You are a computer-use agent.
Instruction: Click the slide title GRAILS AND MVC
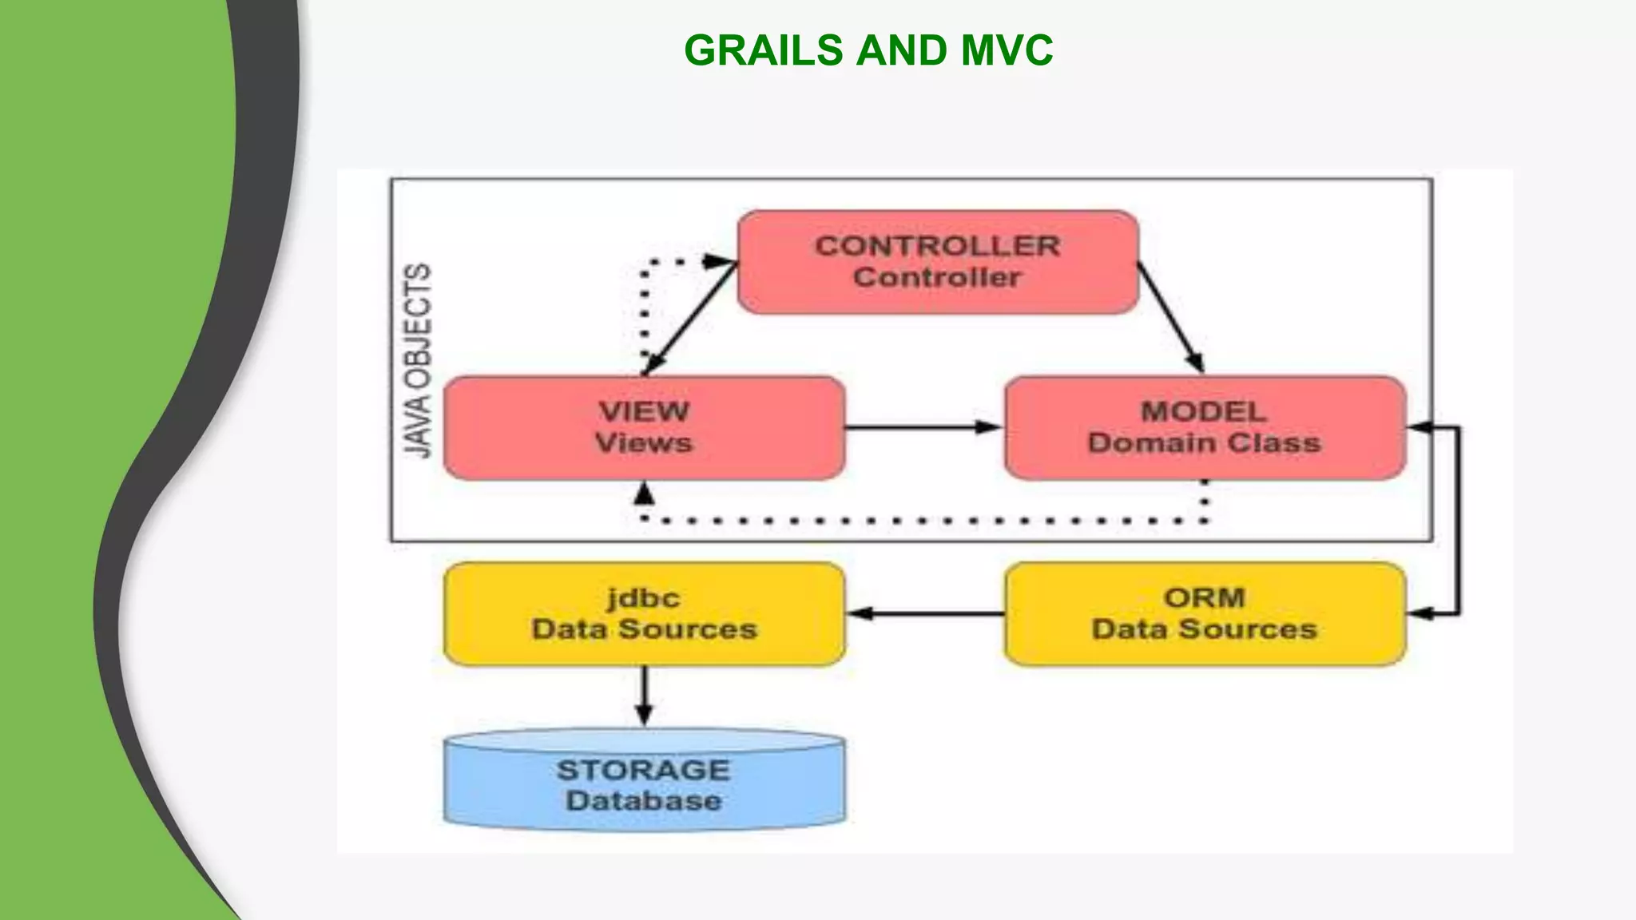coord(868,50)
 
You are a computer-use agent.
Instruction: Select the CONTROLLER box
coord(937,262)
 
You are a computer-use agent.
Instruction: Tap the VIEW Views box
coord(644,428)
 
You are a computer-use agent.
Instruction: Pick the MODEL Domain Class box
coord(1205,428)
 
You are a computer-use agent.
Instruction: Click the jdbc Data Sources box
coord(644,614)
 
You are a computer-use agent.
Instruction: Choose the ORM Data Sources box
coord(1205,614)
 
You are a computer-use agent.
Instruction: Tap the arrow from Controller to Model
coord(1170,316)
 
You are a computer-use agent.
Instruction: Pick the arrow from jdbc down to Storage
coord(644,695)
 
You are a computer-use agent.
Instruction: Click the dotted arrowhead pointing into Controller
coord(719,261)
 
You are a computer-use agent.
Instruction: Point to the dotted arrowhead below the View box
coord(644,495)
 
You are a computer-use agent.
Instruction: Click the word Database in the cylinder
coord(644,801)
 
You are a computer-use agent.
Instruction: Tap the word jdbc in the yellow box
coord(644,598)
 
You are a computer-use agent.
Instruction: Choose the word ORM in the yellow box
coord(1205,598)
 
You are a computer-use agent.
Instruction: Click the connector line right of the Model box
coord(1459,519)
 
